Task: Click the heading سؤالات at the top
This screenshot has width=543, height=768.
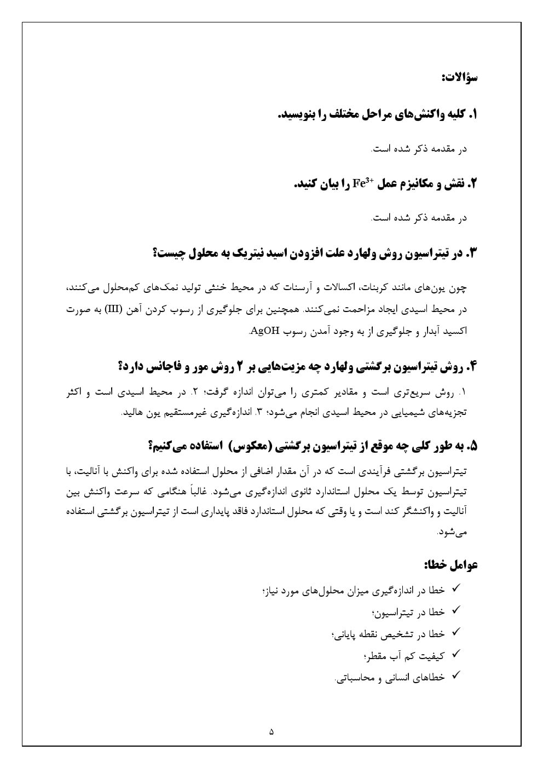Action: pyautogui.click(x=460, y=78)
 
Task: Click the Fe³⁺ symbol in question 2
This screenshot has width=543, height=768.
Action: pyautogui.click(x=363, y=183)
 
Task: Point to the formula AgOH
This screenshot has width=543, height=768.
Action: pyautogui.click(x=264, y=331)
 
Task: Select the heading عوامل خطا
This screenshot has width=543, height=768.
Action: pyautogui.click(x=450, y=564)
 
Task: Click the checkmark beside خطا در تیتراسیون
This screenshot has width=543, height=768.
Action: pyautogui.click(x=455, y=610)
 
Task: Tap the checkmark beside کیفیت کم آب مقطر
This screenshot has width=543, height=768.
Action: pyautogui.click(x=455, y=654)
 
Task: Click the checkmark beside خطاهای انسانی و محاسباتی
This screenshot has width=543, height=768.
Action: pyautogui.click(x=455, y=677)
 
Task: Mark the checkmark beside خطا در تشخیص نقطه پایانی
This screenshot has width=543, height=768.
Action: pyautogui.click(x=455, y=632)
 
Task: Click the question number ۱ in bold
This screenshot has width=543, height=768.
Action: pyautogui.click(x=474, y=115)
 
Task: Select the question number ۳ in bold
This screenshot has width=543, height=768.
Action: pyautogui.click(x=473, y=253)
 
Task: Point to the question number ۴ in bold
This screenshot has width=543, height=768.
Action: pyautogui.click(x=472, y=366)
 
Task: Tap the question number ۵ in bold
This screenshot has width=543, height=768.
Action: pyautogui.click(x=473, y=447)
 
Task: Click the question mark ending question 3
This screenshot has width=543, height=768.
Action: pyautogui.click(x=156, y=253)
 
